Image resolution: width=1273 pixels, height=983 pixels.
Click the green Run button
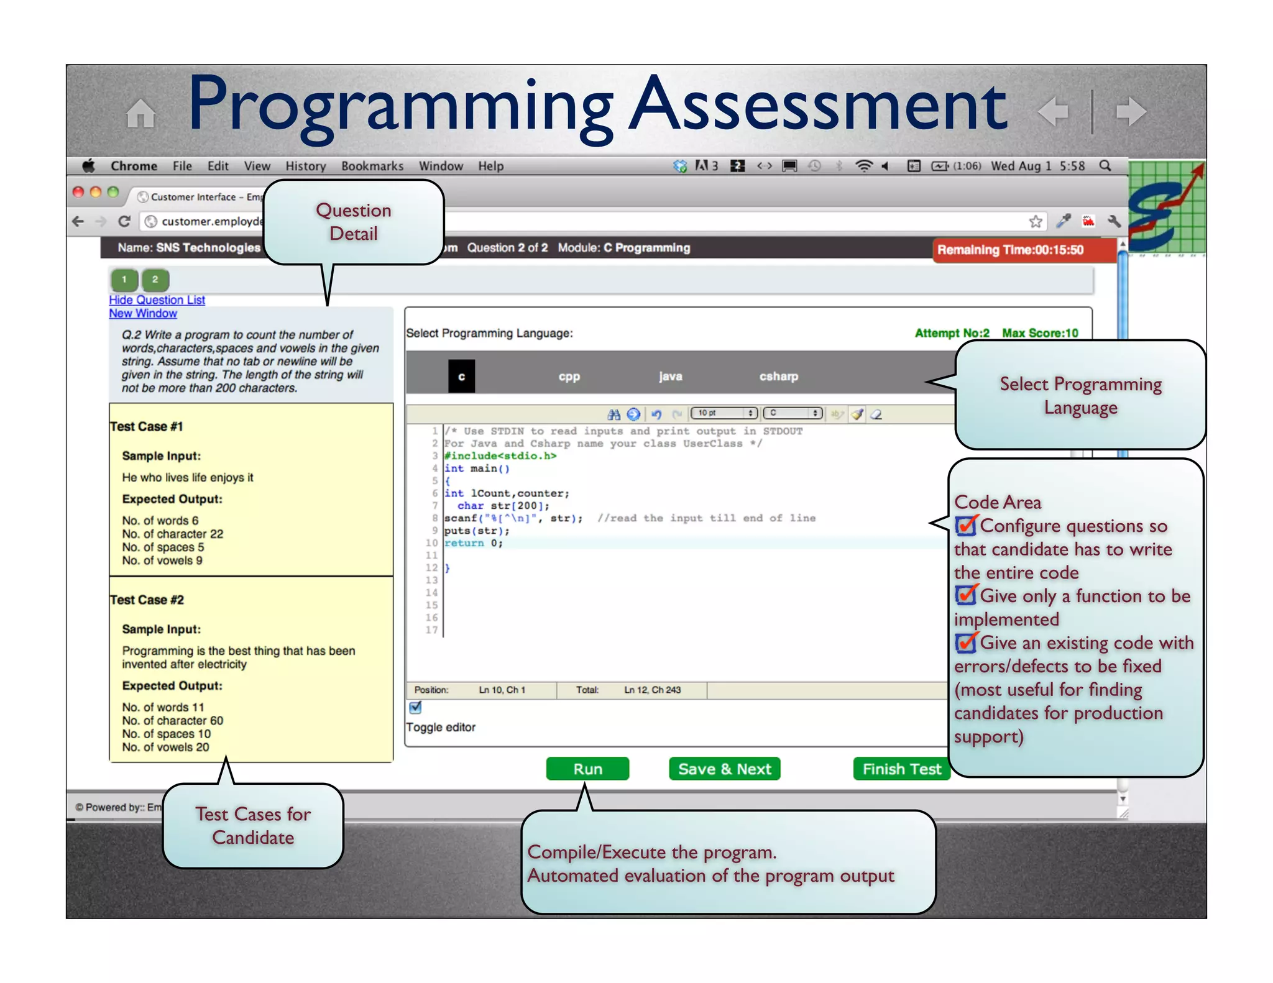point(587,769)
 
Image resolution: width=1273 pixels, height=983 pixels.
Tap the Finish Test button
point(902,769)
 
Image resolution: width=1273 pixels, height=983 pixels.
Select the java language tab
point(670,376)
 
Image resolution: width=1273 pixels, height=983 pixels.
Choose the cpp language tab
point(569,377)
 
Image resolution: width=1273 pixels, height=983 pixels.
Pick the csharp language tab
point(778,376)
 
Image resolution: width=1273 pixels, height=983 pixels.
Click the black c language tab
point(461,377)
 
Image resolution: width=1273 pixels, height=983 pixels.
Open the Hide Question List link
point(157,300)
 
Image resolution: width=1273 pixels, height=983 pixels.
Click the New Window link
point(143,314)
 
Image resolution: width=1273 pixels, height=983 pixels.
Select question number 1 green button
point(124,280)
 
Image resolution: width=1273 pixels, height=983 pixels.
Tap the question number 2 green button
point(155,280)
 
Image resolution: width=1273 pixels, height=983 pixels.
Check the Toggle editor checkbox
point(415,708)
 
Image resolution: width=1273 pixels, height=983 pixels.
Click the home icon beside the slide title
point(140,113)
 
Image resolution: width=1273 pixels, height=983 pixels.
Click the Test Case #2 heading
point(147,600)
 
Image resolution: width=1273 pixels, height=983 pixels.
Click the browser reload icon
point(124,221)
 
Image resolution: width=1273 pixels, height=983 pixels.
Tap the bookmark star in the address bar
point(1036,221)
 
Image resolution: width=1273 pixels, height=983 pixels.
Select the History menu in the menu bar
point(305,166)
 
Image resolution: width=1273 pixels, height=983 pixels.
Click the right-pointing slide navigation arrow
point(1131,112)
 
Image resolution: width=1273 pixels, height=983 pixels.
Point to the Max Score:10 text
point(1040,333)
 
